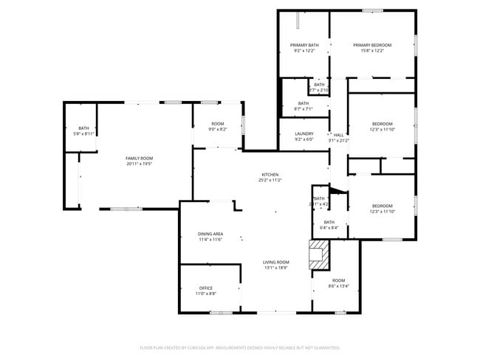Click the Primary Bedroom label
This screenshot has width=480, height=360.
372,45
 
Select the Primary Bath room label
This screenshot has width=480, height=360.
304,45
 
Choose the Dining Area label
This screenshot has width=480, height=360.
210,234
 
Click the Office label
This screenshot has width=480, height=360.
206,288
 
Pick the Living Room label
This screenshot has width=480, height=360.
277,263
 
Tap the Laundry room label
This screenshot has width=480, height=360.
304,134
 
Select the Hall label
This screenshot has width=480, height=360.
339,135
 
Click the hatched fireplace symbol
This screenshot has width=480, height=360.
318,255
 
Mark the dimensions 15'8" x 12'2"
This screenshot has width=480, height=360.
372,51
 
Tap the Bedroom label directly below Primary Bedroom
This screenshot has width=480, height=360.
382,123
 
